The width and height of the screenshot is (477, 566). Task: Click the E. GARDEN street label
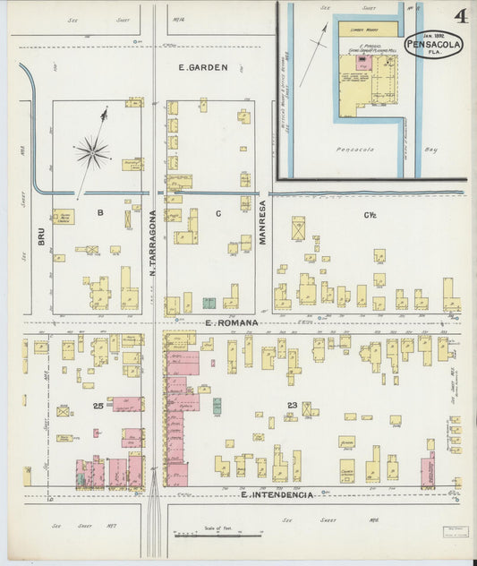pyautogui.click(x=203, y=67)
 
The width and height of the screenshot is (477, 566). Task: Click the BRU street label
pyautogui.click(x=41, y=236)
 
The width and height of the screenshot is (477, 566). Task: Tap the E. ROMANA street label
pyautogui.click(x=230, y=322)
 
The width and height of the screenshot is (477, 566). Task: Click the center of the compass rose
pyautogui.click(x=92, y=151)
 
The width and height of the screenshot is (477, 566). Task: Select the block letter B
pyautogui.click(x=101, y=212)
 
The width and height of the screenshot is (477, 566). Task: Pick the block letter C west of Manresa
pyautogui.click(x=217, y=212)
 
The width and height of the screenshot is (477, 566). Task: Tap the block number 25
pyautogui.click(x=99, y=406)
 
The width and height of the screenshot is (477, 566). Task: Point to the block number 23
pyautogui.click(x=292, y=406)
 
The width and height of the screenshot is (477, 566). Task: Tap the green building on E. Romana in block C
pyautogui.click(x=209, y=303)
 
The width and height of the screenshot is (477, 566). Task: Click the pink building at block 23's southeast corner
pyautogui.click(x=428, y=469)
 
